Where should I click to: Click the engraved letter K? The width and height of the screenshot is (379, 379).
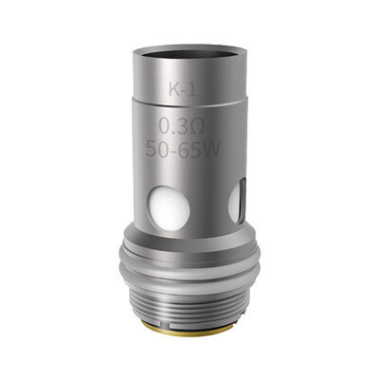[x=175, y=90]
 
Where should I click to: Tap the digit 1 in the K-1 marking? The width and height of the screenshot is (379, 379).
[x=192, y=90]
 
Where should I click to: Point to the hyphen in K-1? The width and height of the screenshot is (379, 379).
[x=185, y=91]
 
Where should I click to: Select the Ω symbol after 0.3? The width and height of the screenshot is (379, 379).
[x=197, y=126]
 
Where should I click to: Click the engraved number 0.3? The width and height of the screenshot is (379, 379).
[x=172, y=126]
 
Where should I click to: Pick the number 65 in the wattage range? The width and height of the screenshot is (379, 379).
[x=192, y=149]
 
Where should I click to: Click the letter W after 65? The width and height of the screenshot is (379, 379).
[x=212, y=149]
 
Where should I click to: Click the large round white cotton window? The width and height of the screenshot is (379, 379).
[x=170, y=208]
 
